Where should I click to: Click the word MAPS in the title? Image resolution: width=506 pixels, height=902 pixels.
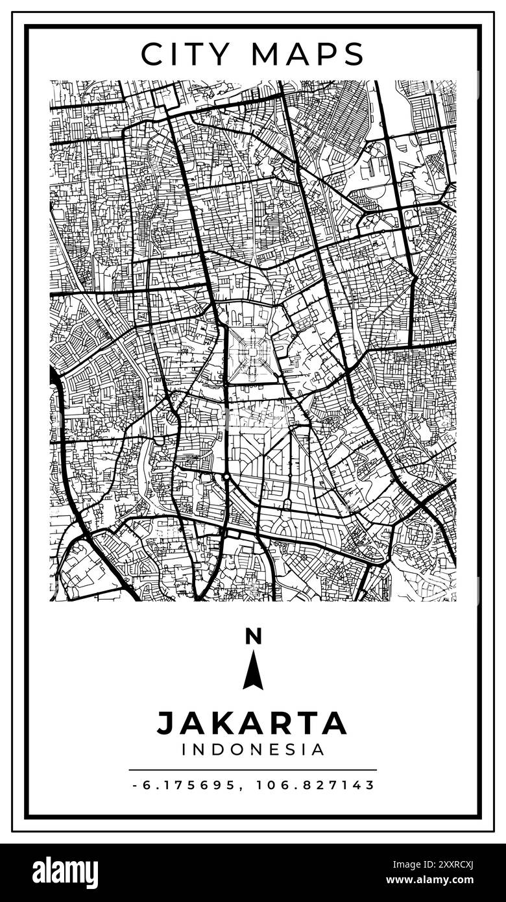308,55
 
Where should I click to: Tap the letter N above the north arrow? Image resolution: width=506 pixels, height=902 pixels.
253,637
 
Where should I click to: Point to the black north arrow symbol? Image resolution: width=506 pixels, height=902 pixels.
253,672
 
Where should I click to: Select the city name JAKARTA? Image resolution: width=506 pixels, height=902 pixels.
252,723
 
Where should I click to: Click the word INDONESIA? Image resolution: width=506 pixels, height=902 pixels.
253,750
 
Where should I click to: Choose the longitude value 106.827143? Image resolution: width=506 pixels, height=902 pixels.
315,785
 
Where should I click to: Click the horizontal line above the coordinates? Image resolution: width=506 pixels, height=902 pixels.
252,770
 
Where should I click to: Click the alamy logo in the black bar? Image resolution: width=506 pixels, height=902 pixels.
65,873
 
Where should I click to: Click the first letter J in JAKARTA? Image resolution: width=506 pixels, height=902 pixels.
165,723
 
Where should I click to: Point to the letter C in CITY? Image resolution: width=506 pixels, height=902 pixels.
152,55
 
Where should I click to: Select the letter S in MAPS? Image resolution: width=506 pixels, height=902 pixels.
354,55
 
